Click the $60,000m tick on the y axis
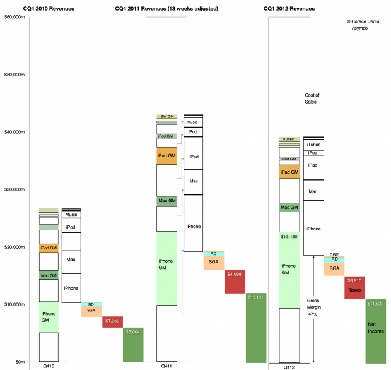(15, 17)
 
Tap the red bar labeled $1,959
(113, 322)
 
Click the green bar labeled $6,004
(133, 345)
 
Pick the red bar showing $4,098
(234, 282)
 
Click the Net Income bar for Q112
(375, 330)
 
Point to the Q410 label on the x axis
(49, 366)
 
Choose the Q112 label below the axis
(289, 366)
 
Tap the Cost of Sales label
(312, 98)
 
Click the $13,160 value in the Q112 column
(289, 237)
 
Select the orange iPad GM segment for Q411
(166, 156)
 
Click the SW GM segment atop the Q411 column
(166, 117)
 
